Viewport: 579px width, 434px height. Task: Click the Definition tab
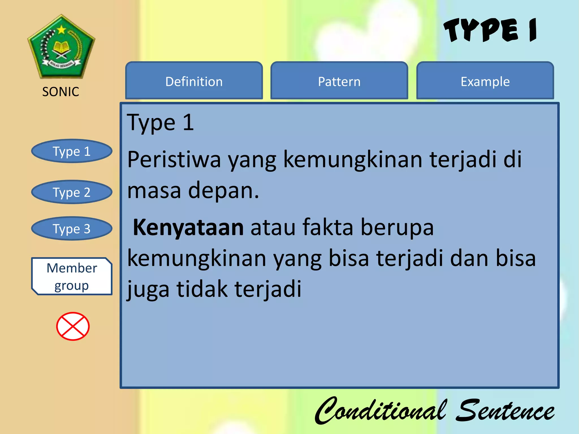pos(194,81)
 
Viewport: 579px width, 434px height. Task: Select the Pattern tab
pos(339,81)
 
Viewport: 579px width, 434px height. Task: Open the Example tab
pos(485,81)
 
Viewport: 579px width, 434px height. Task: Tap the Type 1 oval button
pos(72,151)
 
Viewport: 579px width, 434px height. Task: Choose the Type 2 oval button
pos(72,192)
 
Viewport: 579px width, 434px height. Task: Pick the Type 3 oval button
pos(72,229)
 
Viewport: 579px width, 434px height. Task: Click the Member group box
pos(72,276)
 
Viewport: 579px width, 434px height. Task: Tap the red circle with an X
pos(73,326)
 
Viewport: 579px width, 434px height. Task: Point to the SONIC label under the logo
pos(61,92)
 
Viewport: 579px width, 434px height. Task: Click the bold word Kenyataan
pos(188,227)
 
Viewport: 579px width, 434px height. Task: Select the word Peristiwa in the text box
pos(174,160)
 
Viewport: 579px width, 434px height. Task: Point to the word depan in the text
pos(223,191)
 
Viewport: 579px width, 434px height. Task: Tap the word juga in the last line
pos(148,290)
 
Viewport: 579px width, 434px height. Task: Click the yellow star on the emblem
pos(61,29)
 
